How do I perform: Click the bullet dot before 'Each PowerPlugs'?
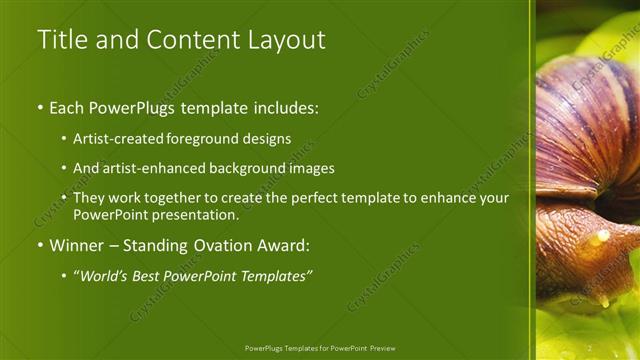(x=40, y=107)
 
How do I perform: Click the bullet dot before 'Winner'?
(x=40, y=245)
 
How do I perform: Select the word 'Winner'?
(x=78, y=245)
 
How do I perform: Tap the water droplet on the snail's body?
(x=600, y=238)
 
